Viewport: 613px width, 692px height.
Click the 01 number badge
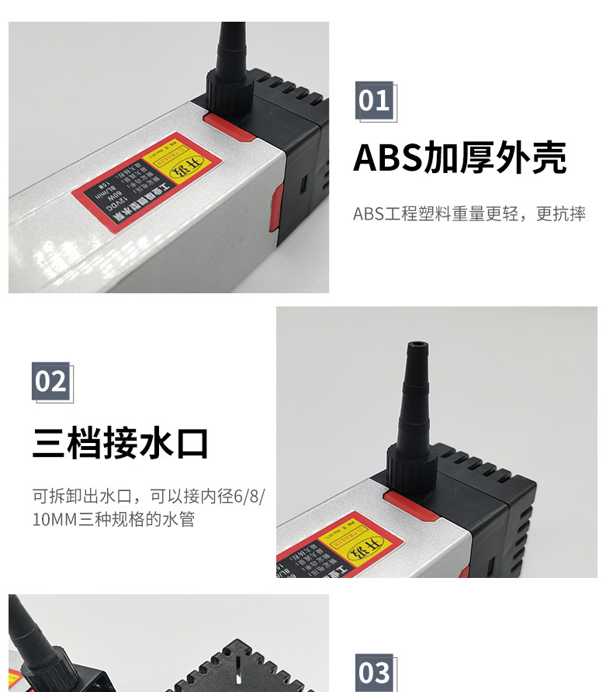click(x=374, y=101)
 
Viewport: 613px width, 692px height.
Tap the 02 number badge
click(x=51, y=382)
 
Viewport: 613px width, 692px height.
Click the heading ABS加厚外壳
click(x=459, y=158)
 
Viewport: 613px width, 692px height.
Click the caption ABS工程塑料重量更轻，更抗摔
click(x=469, y=214)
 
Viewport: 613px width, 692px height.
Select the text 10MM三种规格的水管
click(x=113, y=519)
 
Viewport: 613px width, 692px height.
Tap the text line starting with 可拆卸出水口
click(x=148, y=496)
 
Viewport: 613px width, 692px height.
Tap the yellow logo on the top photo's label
click(x=177, y=165)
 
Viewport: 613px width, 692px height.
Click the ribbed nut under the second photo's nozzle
click(x=407, y=470)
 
